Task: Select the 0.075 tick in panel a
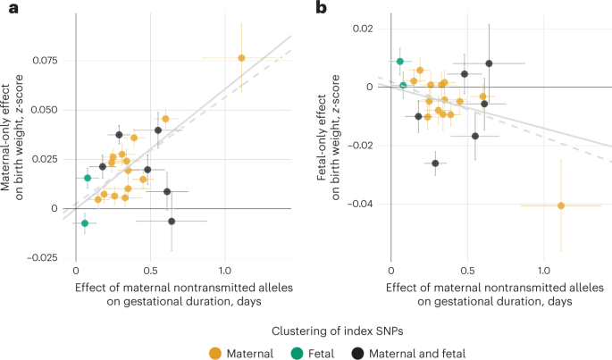tap(44, 60)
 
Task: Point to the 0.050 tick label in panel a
tap(44, 109)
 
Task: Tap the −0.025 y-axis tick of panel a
tap(41, 258)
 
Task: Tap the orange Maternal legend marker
tap(217, 352)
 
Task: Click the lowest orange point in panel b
tap(561, 205)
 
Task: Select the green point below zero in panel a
tap(85, 223)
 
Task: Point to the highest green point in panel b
tap(400, 62)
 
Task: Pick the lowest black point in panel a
tap(172, 221)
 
